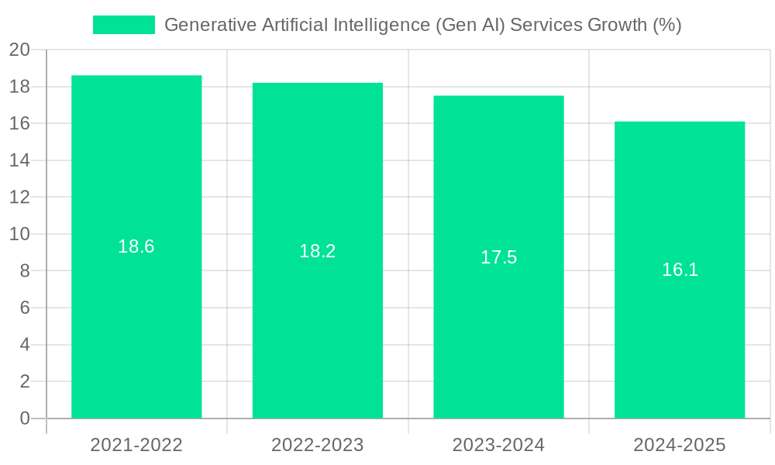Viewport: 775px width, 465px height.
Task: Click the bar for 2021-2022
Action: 136,325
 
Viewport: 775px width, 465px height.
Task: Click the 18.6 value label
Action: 136,246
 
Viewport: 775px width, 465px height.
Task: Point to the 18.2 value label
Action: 318,251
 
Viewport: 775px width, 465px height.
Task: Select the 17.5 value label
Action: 498,257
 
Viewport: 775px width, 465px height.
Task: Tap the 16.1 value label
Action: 680,270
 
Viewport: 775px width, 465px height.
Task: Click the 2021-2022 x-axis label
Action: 136,445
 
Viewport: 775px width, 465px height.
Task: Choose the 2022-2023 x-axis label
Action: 318,445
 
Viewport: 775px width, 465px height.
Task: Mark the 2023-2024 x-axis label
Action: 498,445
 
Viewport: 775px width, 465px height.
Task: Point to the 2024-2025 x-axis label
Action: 680,445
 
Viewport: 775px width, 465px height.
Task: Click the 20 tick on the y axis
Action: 19,50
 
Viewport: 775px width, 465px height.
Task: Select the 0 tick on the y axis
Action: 24,418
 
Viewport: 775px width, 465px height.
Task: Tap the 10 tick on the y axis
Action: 19,234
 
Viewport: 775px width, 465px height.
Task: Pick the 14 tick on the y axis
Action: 19,160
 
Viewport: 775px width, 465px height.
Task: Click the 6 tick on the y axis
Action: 24,308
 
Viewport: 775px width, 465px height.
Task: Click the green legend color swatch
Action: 124,25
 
